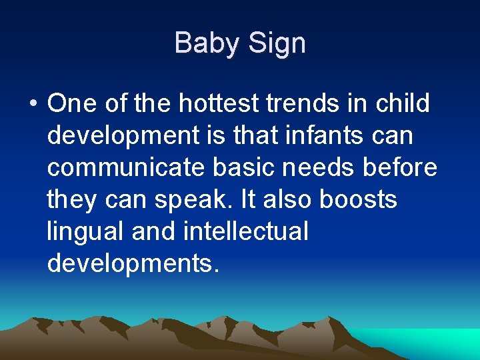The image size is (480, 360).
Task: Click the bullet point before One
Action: pyautogui.click(x=33, y=105)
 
